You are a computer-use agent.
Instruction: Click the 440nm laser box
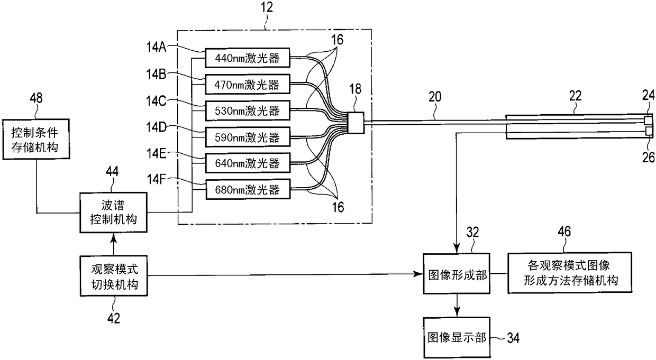[x=248, y=58]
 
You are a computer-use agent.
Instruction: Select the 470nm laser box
[x=248, y=84]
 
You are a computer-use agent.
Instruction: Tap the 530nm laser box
[x=248, y=110]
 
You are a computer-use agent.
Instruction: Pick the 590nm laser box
[x=248, y=137]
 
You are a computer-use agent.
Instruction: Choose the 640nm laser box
[x=248, y=163]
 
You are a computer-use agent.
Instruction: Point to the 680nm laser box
[x=248, y=189]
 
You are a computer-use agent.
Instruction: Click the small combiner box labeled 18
[x=356, y=123]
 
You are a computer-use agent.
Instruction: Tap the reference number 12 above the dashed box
[x=266, y=7]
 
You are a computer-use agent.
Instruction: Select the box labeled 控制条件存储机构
[x=36, y=140]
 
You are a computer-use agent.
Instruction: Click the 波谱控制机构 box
[x=113, y=213]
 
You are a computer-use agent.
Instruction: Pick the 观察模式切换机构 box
[x=114, y=276]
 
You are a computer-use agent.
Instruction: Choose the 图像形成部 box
[x=457, y=274]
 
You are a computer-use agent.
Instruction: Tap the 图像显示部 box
[x=457, y=337]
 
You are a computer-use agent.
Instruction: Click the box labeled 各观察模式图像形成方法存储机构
[x=570, y=273]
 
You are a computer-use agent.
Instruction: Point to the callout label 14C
[x=156, y=101]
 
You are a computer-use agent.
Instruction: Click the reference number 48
[x=36, y=98]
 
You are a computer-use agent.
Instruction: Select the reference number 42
[x=114, y=318]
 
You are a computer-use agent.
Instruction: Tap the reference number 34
[x=513, y=338]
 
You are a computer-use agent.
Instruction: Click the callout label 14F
[x=156, y=179]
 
